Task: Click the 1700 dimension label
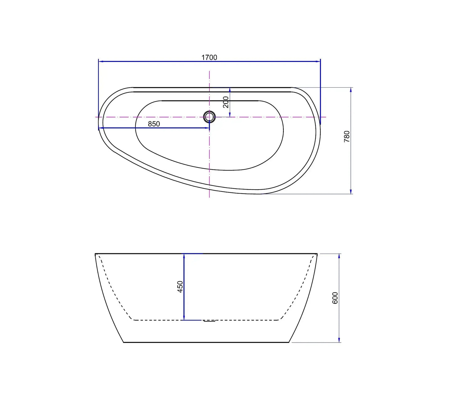(209, 57)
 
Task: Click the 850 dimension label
(154, 124)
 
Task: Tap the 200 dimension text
(226, 102)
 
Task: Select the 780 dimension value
(347, 137)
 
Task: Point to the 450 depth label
(180, 287)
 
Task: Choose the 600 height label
(335, 298)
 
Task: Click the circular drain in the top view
(209, 117)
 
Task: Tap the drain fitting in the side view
(209, 321)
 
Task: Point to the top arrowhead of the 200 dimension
(230, 90)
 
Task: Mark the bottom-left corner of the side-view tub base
(124, 342)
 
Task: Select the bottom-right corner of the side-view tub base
(289, 342)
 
